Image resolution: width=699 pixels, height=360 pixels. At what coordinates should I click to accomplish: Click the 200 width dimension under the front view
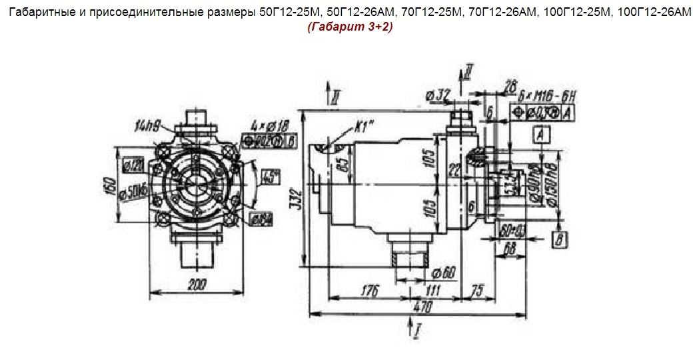point(197,285)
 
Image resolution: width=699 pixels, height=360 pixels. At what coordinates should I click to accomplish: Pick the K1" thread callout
point(360,127)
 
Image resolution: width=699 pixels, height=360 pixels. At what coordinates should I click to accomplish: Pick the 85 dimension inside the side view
point(342,164)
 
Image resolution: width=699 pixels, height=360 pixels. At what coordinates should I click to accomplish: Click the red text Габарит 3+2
point(350,27)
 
